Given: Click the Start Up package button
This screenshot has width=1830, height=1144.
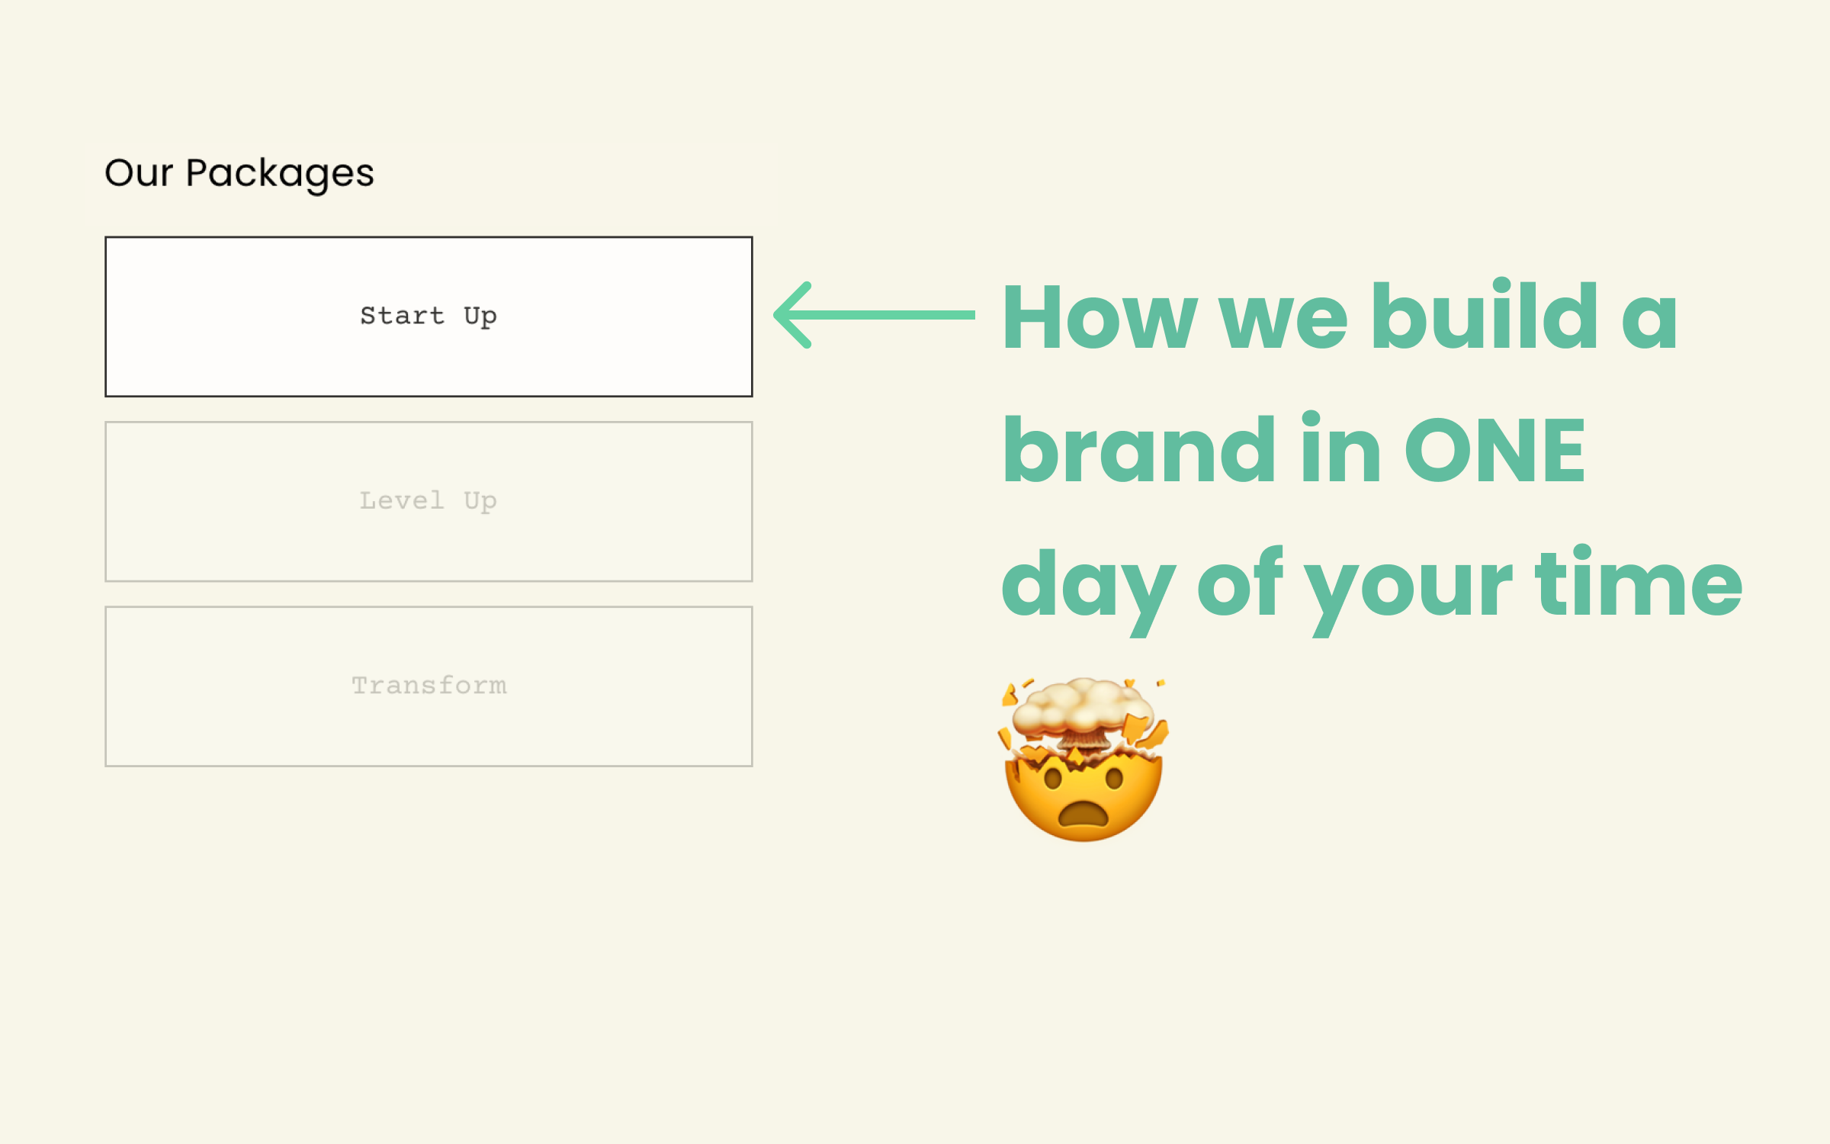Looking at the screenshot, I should tap(429, 317).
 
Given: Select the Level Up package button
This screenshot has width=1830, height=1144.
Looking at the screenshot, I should tap(429, 502).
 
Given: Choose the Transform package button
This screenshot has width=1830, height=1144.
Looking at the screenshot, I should tap(429, 686).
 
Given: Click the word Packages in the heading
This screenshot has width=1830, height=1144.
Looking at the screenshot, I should tap(280, 174).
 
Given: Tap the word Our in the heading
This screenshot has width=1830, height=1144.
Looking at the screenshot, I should tap(139, 173).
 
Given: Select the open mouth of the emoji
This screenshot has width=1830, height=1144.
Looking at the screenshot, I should tap(1084, 815).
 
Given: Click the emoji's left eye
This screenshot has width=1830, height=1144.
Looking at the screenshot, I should tap(1053, 779).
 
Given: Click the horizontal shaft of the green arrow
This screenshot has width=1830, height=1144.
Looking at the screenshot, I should tap(892, 315).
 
